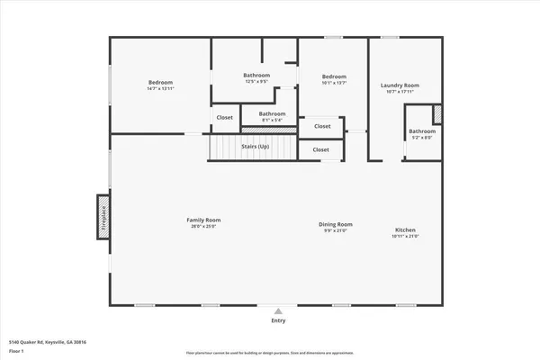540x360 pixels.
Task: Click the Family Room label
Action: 203,220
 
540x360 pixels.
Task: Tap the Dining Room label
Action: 335,224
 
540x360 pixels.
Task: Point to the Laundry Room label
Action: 400,85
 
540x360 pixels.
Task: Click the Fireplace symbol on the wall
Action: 103,217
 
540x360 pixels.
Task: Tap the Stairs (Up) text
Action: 255,146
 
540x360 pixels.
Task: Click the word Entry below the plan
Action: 278,320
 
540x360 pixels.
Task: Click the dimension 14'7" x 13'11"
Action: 160,88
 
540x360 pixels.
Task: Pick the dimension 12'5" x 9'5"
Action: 256,81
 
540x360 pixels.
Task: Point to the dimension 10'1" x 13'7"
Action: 334,83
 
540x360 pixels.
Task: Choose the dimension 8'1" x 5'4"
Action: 272,119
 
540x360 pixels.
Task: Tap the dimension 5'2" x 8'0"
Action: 422,138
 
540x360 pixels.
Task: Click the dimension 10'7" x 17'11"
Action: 400,92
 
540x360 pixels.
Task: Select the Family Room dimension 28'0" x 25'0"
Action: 203,226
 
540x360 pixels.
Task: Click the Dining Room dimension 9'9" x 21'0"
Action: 335,230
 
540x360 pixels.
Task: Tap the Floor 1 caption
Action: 17,351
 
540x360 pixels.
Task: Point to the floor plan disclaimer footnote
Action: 270,353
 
